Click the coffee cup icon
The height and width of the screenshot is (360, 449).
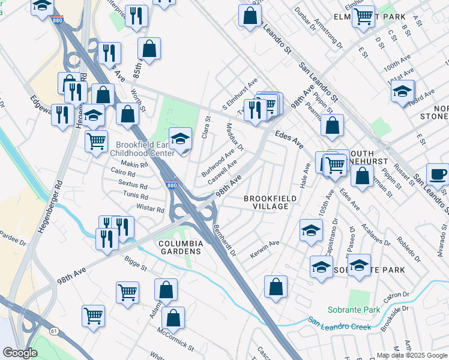coord(436,174)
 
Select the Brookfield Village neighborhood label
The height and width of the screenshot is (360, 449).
coord(266,202)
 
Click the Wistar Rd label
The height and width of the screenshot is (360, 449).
coord(151,210)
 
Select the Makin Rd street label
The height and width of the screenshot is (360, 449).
coord(134,164)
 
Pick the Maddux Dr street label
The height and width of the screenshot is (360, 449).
coord(235,138)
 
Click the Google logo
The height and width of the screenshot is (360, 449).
coord(20,353)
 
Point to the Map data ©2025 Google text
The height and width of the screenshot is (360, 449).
coord(411,355)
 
